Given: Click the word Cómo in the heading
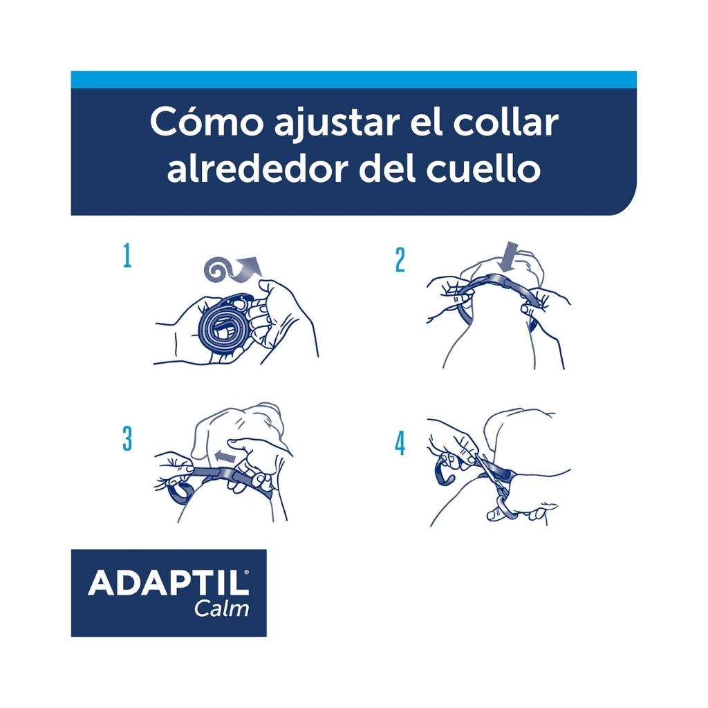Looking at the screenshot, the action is point(206,122).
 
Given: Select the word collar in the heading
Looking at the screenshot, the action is point(505,122).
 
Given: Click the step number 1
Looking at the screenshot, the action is point(127,257).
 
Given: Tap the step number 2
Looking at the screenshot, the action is point(400,261).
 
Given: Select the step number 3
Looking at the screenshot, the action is point(128,439).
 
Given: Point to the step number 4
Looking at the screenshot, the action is point(400,443).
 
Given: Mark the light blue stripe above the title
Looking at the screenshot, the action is point(354,80).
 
